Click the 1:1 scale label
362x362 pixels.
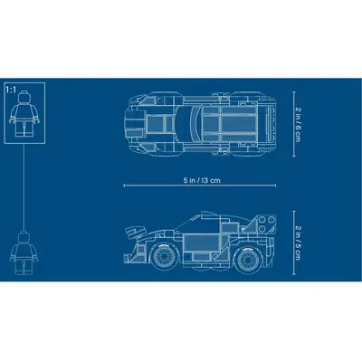11,90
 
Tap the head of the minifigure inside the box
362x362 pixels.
24,98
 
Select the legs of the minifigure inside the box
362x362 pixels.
24,129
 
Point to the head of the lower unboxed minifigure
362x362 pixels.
24,236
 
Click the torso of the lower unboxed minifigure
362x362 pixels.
24,251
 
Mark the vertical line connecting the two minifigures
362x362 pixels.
24,187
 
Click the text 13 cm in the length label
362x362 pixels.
211,180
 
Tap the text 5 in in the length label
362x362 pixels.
189,180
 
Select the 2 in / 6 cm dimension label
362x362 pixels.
298,124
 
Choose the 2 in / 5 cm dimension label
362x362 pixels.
298,243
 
